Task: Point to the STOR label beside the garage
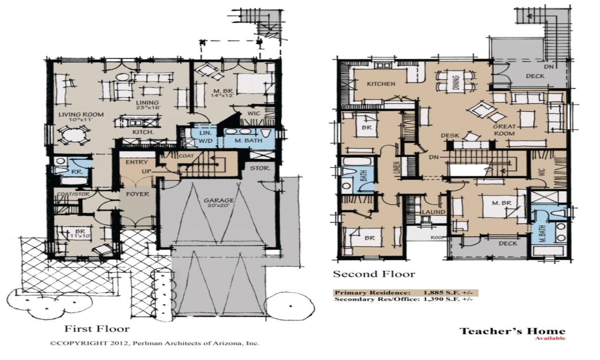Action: (x=259, y=168)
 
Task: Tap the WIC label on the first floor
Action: (x=247, y=113)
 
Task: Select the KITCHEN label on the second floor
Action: (x=381, y=84)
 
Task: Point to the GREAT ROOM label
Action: (x=504, y=130)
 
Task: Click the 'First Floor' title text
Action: (x=97, y=328)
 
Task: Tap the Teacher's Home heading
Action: (x=512, y=331)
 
